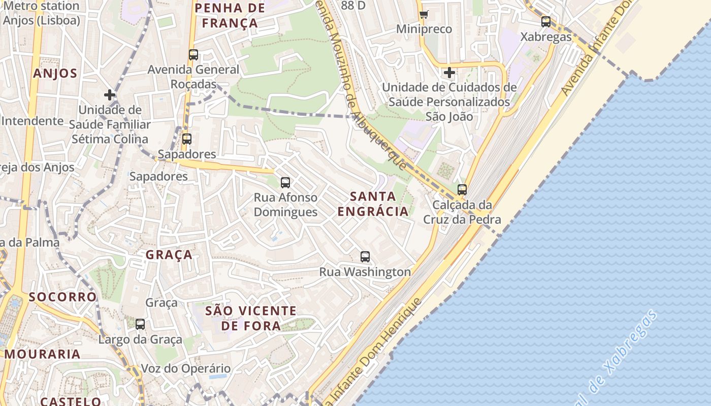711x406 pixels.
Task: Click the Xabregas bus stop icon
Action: pos(546,22)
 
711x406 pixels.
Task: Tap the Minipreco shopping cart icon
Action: pos(424,14)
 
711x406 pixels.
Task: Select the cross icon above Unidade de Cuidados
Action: pos(449,73)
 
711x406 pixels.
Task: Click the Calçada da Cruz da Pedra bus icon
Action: pos(462,190)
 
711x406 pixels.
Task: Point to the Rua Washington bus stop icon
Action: pos(365,257)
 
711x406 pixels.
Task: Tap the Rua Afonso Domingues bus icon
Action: pos(285,183)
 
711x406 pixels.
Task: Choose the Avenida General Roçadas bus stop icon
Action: pos(193,55)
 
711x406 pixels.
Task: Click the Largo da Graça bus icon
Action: pos(140,324)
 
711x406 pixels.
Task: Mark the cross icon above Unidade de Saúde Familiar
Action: pos(109,94)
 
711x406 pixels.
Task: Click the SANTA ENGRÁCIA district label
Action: pos(373,204)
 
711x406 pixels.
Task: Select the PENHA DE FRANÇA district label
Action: pos(230,15)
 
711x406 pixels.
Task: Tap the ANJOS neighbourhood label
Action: pos(55,74)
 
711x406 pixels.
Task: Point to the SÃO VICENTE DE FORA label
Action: pos(251,318)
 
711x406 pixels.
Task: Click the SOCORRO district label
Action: pos(62,297)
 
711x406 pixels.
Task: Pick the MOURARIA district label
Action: pos(43,354)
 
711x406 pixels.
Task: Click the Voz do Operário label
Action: pos(185,368)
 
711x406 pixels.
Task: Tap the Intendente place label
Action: pos(32,121)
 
